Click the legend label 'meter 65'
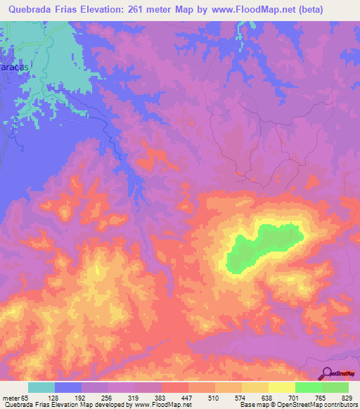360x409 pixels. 18,397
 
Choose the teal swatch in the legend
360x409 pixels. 41,387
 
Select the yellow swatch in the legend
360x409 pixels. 282,387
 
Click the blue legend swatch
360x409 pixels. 68,387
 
